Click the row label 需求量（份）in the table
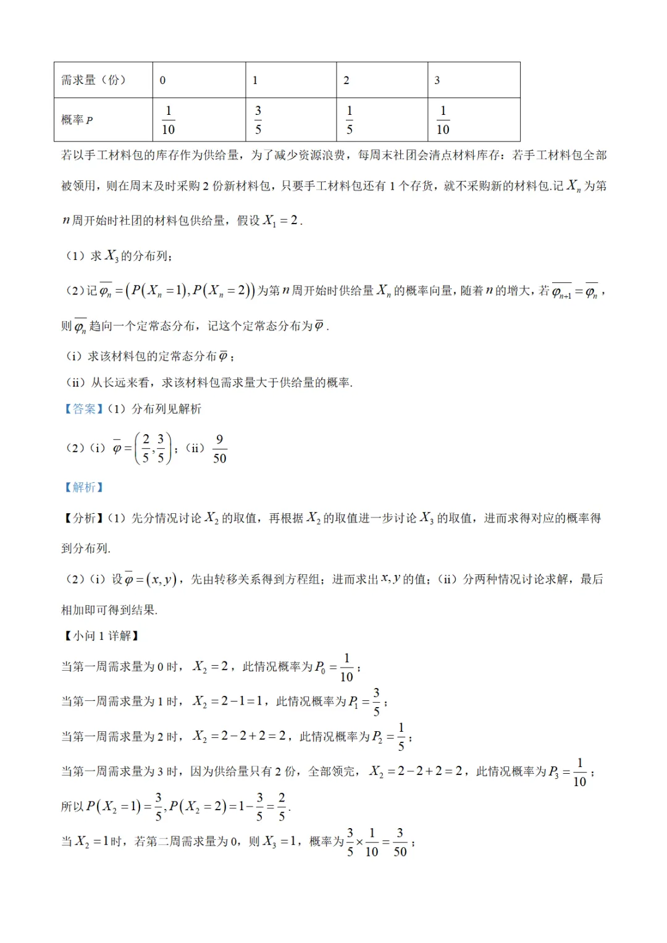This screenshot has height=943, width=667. (93, 80)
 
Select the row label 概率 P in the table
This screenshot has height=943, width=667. (77, 120)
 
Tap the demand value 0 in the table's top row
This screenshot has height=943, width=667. (162, 80)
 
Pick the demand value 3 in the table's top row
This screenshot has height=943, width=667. (437, 80)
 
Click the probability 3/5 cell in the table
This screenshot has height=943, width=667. (258, 120)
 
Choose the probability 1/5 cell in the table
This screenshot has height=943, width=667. (350, 120)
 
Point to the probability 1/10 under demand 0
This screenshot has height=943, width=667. (168, 120)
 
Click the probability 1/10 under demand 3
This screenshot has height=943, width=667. (443, 120)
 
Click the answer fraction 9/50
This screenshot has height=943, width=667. (219, 448)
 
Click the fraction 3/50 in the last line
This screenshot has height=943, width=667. (400, 842)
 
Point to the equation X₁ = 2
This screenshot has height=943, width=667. (281, 220)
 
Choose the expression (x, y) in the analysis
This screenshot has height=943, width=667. (164, 579)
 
